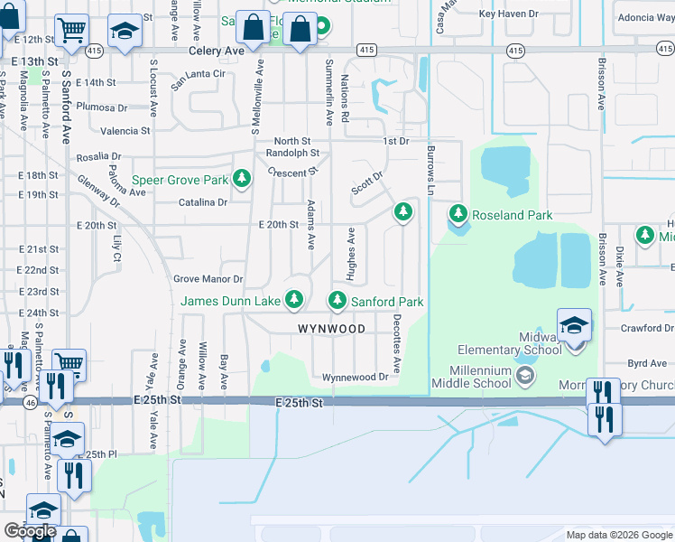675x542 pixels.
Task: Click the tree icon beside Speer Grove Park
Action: (241, 179)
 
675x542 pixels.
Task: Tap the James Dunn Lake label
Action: (233, 301)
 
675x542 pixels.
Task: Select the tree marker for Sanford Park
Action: (337, 300)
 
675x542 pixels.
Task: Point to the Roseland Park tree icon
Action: (458, 214)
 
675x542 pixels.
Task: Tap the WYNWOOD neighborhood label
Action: (330, 330)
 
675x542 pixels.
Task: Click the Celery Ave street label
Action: (217, 51)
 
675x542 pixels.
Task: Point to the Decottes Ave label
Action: (396, 337)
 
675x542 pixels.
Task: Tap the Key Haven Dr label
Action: (508, 14)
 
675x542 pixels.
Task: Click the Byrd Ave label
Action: (646, 363)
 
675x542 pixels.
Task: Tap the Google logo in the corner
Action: (30, 531)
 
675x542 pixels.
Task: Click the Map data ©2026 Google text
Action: (618, 535)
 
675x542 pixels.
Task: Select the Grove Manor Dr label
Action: (208, 279)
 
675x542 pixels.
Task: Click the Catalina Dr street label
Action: (202, 202)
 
